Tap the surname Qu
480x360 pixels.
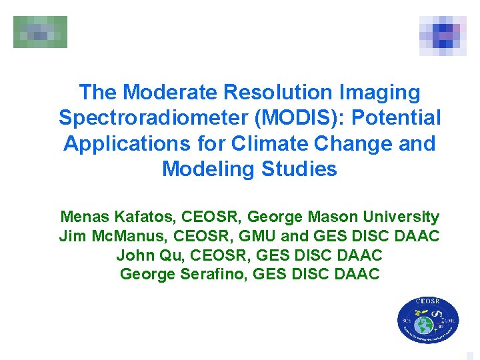tap(166, 255)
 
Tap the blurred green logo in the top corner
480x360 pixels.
tap(40, 32)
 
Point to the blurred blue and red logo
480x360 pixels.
tap(443, 35)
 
